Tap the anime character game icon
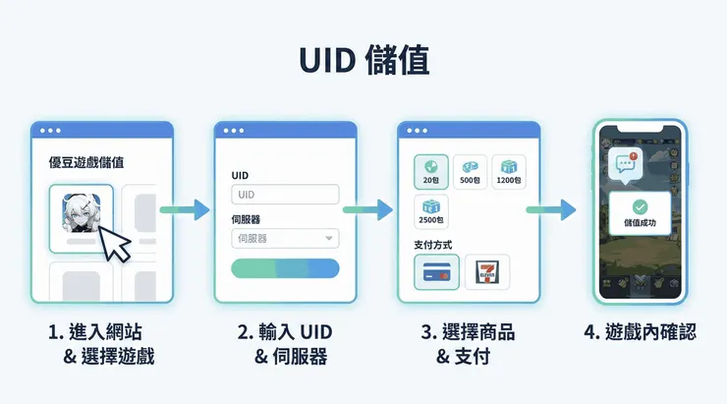82,213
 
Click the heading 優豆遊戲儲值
92,162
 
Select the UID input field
285,195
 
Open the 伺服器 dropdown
285,238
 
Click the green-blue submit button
285,268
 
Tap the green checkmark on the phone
640,207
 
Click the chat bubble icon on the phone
624,163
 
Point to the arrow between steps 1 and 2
189,208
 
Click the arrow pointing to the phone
553,208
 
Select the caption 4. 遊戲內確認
640,332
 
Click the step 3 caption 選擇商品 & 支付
472,344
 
